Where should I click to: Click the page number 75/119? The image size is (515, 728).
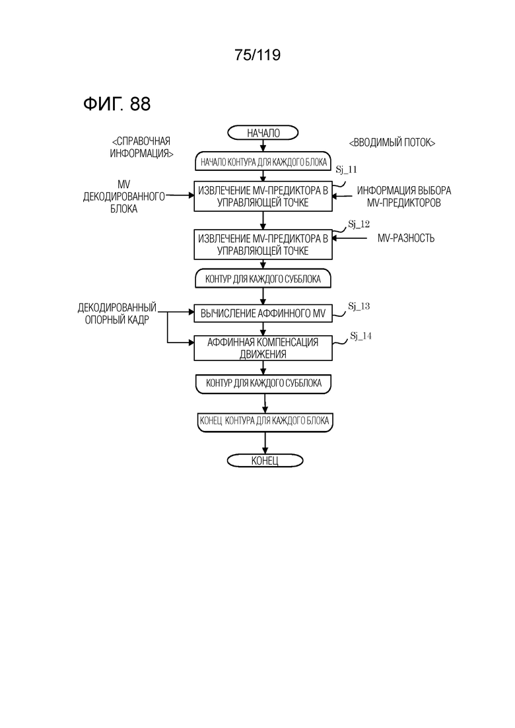(257, 55)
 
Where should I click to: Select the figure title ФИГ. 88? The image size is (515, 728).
(117, 104)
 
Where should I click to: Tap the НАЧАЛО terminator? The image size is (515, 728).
(263, 133)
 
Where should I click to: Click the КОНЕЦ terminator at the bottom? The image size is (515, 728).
(265, 461)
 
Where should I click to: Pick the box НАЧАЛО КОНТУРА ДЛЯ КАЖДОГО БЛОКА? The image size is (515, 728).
(263, 162)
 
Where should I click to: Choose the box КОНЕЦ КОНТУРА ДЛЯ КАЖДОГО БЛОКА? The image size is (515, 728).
(265, 421)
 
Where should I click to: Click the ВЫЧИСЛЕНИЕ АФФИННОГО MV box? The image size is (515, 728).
(263, 314)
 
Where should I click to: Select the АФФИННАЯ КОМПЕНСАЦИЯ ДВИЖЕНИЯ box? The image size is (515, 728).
(263, 348)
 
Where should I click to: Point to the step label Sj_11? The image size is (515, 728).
(347, 170)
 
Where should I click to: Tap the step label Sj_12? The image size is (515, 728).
(359, 224)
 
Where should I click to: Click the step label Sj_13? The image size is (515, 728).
(359, 306)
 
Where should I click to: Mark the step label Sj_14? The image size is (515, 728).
(360, 336)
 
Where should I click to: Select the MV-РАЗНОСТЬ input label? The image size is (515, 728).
(406, 238)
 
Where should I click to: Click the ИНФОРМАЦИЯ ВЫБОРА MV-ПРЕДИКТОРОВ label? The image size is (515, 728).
(404, 197)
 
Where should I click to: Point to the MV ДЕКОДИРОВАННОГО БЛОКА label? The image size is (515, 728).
(124, 197)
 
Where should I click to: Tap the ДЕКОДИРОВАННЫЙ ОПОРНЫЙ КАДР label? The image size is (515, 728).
(117, 314)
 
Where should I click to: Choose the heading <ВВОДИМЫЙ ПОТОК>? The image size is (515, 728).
(392, 143)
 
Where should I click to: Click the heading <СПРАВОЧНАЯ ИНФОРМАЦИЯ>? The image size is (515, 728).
(141, 147)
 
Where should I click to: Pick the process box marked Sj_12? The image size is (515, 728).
(263, 245)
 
